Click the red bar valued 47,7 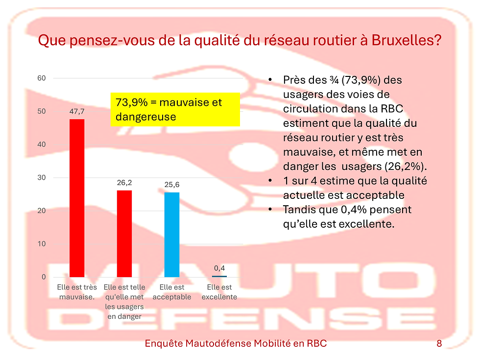77,198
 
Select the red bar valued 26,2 124,234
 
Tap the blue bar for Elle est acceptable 172,235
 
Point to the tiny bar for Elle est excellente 219,276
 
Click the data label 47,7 77,112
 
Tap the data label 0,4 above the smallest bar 219,268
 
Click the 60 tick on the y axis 42,78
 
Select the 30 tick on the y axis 42,178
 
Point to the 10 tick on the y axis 42,244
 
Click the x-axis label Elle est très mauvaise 77,292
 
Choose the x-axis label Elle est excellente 219,292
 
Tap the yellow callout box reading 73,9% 175,110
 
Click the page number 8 439,344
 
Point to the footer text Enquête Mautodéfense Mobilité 236,344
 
